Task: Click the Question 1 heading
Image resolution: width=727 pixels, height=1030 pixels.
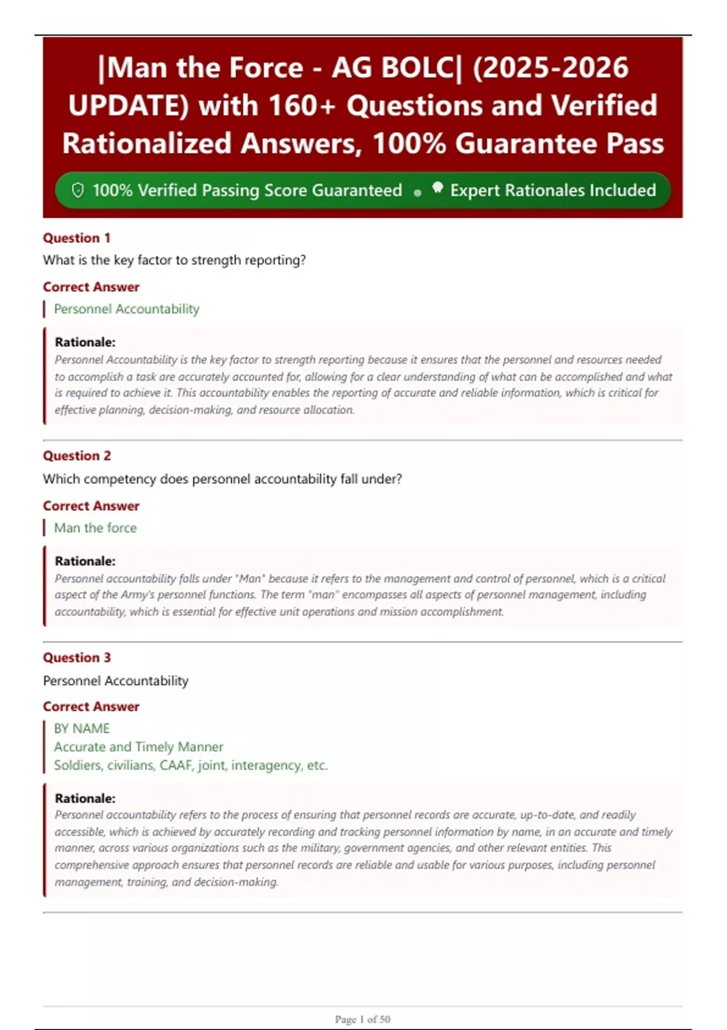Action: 76,238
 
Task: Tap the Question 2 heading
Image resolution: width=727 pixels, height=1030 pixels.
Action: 77,456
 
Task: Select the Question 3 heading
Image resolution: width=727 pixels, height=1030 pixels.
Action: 77,657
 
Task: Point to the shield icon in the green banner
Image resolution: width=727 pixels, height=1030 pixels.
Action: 78,190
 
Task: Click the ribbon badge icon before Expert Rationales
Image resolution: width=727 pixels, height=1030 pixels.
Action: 437,188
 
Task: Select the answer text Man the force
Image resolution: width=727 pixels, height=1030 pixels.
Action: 95,528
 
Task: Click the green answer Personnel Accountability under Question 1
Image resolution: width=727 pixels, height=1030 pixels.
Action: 126,309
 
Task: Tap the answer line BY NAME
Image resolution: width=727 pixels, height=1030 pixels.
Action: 82,728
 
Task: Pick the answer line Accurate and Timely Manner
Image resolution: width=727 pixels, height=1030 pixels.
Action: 138,746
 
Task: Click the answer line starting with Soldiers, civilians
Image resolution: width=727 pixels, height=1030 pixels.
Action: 190,765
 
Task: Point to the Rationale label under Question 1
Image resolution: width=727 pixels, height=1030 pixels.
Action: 85,342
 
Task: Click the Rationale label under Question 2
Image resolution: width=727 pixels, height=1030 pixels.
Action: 85,561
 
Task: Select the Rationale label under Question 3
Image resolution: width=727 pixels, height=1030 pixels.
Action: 85,799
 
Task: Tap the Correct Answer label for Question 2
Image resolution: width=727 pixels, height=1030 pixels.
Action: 91,506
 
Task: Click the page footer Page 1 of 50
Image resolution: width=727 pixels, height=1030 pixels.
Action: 362,1019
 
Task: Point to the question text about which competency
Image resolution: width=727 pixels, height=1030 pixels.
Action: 222,479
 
